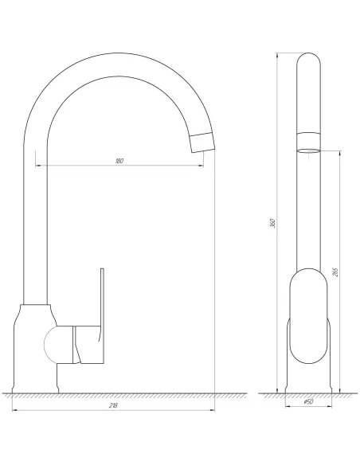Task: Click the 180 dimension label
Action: (119, 161)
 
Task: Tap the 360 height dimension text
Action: (273, 224)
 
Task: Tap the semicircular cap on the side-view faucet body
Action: (50, 345)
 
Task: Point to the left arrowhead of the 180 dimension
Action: (38, 166)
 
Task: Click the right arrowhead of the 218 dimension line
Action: (213, 412)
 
